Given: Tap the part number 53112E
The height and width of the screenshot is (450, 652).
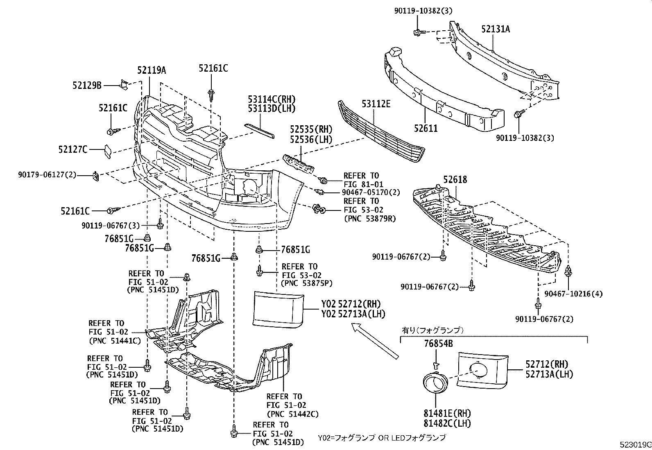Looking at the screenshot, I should coord(376,104).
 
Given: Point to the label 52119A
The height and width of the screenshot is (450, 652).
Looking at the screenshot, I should coord(152,70).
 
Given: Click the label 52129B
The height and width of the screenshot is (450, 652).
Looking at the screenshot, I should coord(87,85).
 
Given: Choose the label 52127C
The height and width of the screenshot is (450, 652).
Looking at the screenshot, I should coord(73,149).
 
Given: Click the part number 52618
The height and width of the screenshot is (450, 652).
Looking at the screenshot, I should coord(455,180).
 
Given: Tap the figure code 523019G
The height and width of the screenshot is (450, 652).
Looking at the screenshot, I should coord(635,445).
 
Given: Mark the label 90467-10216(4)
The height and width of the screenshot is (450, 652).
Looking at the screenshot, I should coord(573,294).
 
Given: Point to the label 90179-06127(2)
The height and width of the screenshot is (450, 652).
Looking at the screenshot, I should coord(47,175).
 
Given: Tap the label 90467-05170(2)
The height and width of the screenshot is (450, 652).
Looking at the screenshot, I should coord(371,192).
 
